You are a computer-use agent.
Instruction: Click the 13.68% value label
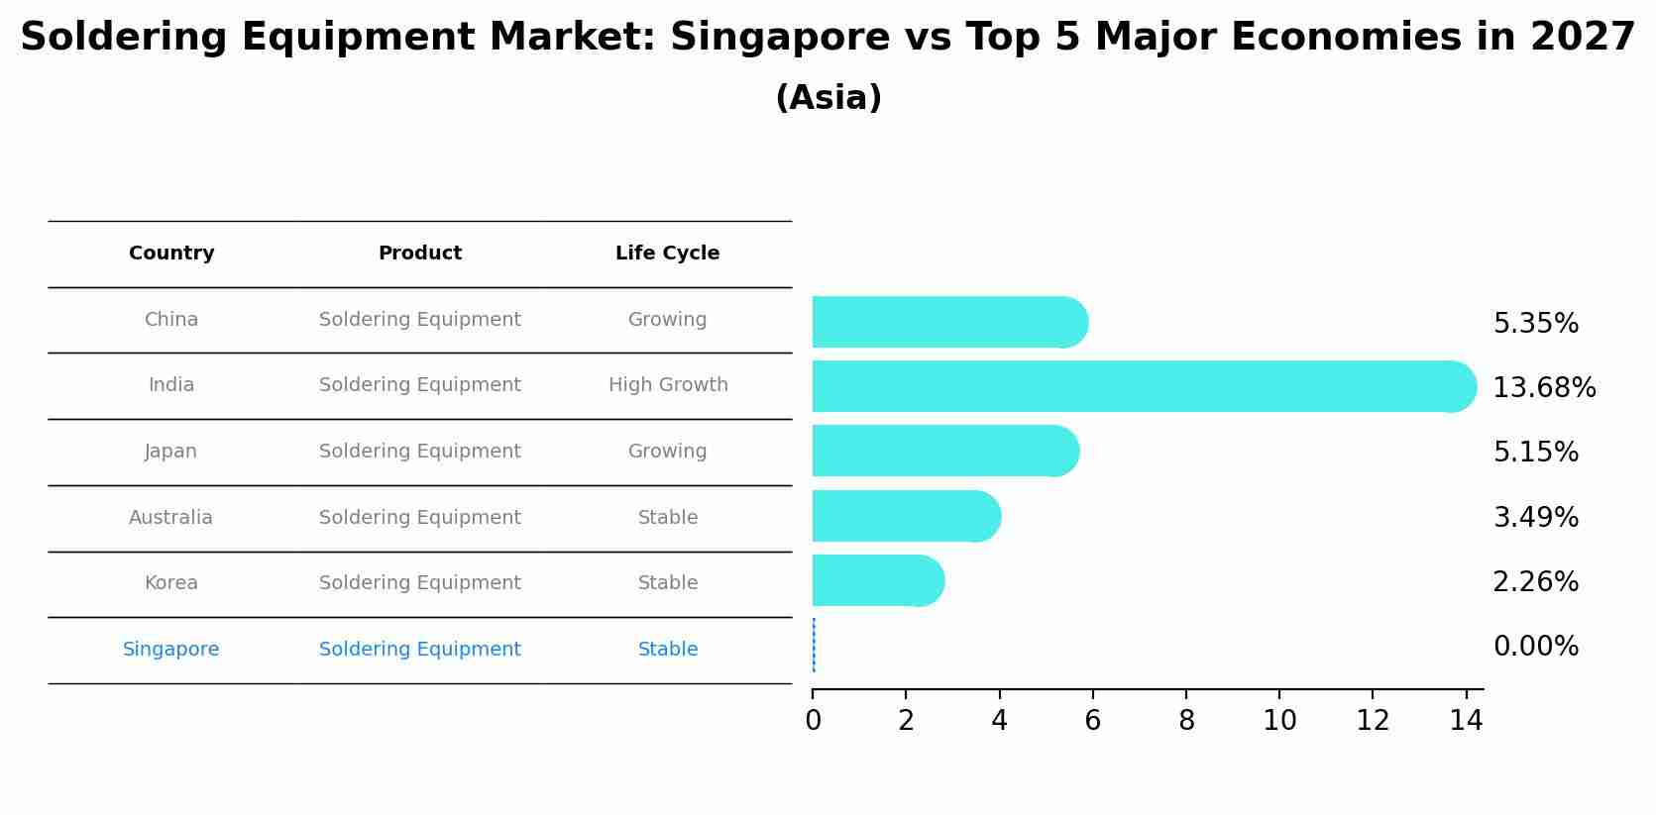pos(1543,388)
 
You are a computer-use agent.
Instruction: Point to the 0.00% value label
pos(1535,647)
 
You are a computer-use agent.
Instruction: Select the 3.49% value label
pos(1535,517)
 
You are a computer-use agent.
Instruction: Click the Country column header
pos(171,254)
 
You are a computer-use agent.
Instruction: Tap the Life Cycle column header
pos(667,254)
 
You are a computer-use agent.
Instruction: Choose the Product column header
pos(419,254)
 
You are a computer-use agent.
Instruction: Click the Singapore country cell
pos(171,650)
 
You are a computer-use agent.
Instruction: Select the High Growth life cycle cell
pos(667,385)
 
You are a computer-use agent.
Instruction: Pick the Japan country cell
pos(171,452)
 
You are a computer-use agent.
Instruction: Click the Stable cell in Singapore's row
pos(667,650)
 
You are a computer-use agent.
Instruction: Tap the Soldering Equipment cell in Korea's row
pos(419,583)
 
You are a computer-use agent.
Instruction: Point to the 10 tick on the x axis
pos(1279,721)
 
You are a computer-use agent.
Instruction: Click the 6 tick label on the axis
pos(1093,721)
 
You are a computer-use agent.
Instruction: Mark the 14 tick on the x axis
pos(1466,721)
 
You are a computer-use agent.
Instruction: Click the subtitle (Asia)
pos(828,98)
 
